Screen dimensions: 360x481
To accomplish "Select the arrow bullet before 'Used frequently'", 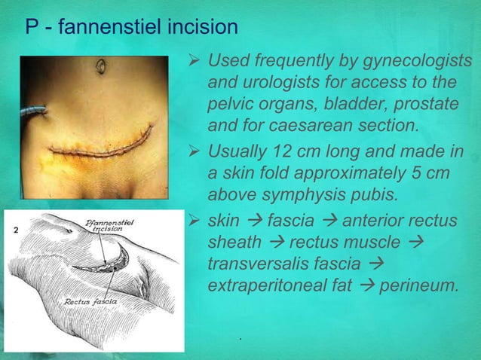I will (193, 60).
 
